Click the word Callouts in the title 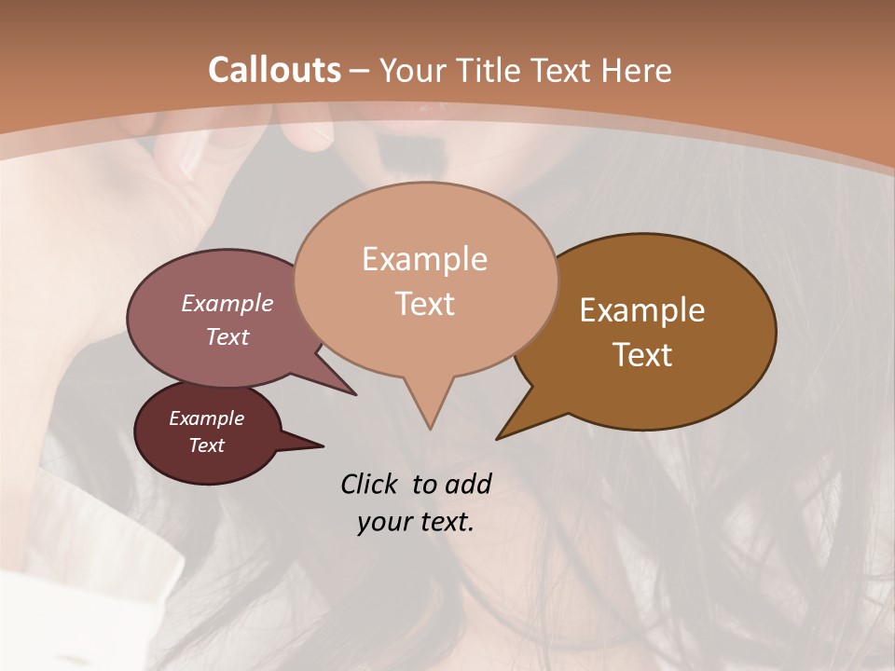(x=274, y=70)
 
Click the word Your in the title (x=411, y=70)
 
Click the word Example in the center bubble (x=424, y=259)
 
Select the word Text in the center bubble (x=424, y=304)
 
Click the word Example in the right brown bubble (x=642, y=310)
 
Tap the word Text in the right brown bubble (x=642, y=355)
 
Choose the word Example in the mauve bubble (x=227, y=303)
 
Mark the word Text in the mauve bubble (x=227, y=336)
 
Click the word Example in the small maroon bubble (x=206, y=418)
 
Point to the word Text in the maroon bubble (x=206, y=445)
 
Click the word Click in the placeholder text (x=370, y=484)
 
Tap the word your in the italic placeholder (x=380, y=522)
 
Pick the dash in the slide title (x=360, y=71)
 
